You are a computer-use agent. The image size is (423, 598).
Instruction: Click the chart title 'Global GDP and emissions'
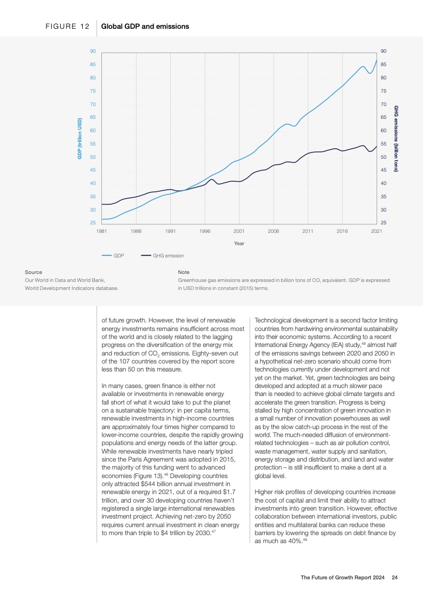pyautogui.click(x=145, y=26)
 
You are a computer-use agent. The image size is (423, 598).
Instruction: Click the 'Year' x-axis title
pyautogui.click(x=239, y=244)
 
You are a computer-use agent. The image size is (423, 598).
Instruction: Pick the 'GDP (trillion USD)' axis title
pyautogui.click(x=79, y=138)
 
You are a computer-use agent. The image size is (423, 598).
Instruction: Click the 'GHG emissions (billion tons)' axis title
pyautogui.click(x=396, y=138)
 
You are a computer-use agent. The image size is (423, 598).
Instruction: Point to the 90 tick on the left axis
pyautogui.click(x=93, y=51)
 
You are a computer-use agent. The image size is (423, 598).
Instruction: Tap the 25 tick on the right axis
pyautogui.click(x=384, y=222)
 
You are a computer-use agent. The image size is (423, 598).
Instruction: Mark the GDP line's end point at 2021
pyautogui.click(x=377, y=60)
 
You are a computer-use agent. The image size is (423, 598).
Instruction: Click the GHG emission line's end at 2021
pyautogui.click(x=377, y=146)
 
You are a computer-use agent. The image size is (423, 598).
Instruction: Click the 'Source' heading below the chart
pyautogui.click(x=34, y=272)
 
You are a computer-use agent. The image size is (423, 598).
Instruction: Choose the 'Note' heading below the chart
pyautogui.click(x=183, y=272)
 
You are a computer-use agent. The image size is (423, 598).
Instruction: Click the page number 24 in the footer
pyautogui.click(x=394, y=577)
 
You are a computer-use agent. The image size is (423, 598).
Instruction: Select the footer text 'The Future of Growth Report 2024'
pyautogui.click(x=343, y=577)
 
